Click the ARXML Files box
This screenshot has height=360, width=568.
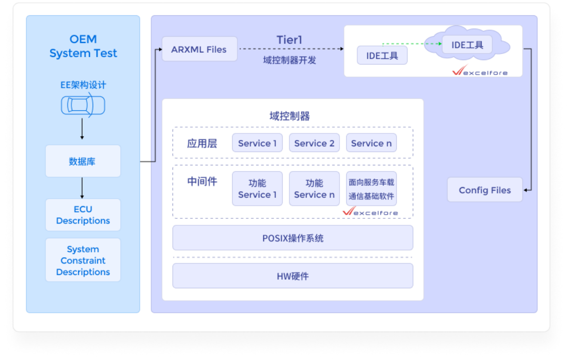200,49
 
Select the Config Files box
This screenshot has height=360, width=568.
485,190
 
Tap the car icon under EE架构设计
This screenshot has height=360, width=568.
83,105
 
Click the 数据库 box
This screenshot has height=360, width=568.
83,161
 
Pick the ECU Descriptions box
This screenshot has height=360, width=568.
83,215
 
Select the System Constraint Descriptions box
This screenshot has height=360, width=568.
83,260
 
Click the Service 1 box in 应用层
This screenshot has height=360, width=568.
257,143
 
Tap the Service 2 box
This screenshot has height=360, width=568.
314,143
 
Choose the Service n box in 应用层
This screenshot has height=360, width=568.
371,143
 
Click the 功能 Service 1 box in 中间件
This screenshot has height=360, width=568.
257,189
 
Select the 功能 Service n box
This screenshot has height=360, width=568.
314,189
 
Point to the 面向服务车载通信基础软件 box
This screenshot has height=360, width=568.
371,189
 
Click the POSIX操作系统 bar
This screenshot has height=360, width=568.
293,238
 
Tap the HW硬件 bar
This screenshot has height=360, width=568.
293,276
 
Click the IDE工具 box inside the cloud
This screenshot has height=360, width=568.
467,45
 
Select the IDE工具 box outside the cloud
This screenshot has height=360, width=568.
382,56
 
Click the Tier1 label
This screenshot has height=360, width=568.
289,40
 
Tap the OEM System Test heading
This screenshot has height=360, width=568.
83,46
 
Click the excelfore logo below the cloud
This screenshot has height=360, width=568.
480,71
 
